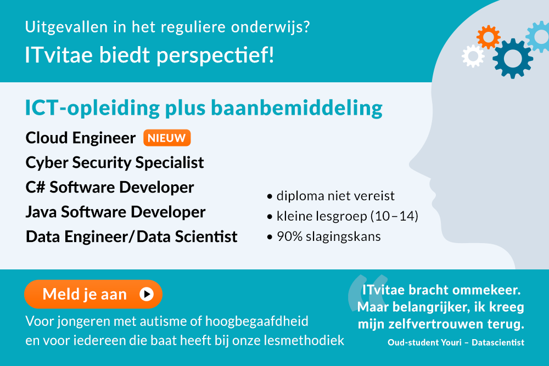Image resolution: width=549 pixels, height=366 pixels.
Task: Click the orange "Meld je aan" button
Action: point(93,294)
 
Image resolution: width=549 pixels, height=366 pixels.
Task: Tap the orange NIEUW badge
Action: point(167,138)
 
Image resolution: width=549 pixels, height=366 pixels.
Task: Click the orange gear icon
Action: point(488,37)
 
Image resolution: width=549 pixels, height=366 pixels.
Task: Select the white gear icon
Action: point(473,56)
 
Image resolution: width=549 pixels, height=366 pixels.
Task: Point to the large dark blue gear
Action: point(513,58)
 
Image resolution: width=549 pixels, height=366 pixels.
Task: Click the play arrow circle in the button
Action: point(147,294)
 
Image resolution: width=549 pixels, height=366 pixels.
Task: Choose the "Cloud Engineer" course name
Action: point(81,138)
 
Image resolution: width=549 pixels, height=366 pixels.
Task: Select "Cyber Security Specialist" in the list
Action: point(115,163)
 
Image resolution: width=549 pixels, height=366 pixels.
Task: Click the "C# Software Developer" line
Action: point(110,187)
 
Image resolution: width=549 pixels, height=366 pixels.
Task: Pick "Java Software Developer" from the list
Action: point(115,212)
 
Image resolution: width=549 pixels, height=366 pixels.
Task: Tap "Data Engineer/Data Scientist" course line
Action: point(132,237)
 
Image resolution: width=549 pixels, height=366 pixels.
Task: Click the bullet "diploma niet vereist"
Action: point(331,196)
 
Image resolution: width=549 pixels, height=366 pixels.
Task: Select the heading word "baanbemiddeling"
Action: point(296,108)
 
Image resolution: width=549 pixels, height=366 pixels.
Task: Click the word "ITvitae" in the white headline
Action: point(59,55)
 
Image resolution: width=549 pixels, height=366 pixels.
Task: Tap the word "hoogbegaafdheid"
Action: point(256,321)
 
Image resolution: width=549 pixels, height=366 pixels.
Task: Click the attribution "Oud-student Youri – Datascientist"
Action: point(456,342)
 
